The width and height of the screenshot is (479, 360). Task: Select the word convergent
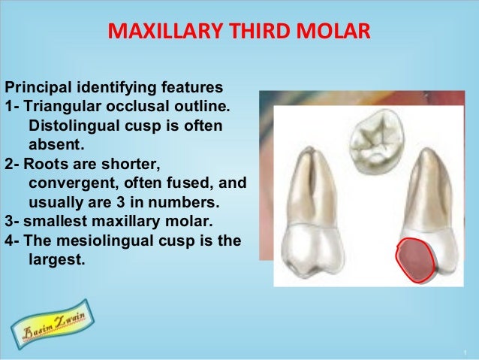pyautogui.click(x=68, y=183)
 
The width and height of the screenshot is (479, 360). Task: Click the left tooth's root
pyautogui.click(x=314, y=188)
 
